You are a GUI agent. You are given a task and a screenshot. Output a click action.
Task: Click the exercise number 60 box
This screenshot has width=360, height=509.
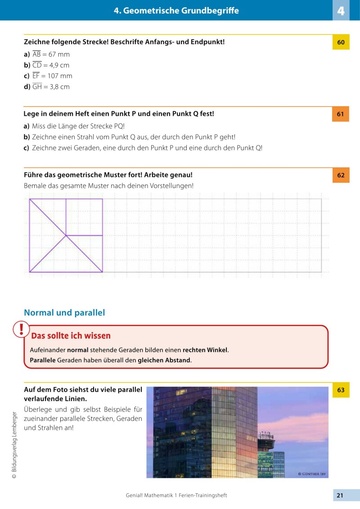pos(341,42)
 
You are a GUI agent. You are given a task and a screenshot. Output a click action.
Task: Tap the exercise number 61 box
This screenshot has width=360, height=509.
pos(341,114)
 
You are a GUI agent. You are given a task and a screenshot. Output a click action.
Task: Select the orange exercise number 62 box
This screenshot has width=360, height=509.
pos(341,175)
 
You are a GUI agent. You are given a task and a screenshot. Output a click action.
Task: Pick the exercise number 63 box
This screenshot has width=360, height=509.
pos(341,390)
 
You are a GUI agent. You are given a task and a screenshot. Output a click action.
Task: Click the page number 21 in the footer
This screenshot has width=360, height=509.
pos(340,495)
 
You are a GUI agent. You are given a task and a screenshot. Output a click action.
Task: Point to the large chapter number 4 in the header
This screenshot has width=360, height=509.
pos(341,10)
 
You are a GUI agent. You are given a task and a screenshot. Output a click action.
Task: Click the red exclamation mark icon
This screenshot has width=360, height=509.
pos(21,329)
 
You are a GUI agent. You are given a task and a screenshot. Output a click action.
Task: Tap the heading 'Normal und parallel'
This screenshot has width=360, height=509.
pos(64,313)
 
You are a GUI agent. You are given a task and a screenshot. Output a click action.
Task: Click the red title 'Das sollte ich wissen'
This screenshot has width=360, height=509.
pos(71,336)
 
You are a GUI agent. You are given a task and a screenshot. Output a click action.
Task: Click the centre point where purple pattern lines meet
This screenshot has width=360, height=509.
pos(66,235)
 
